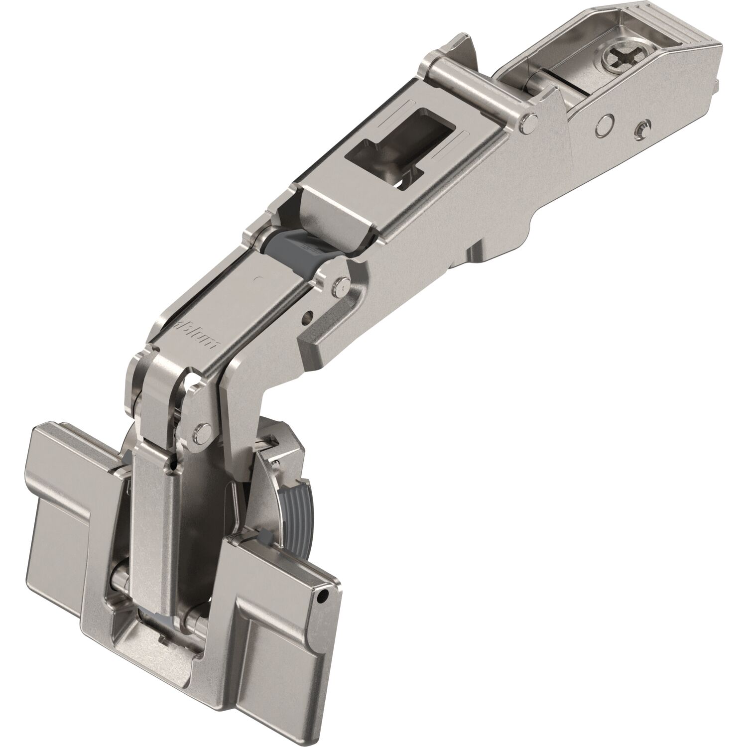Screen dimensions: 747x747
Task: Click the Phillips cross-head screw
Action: pos(618,64)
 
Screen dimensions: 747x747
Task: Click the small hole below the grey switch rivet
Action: pos(310,315)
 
